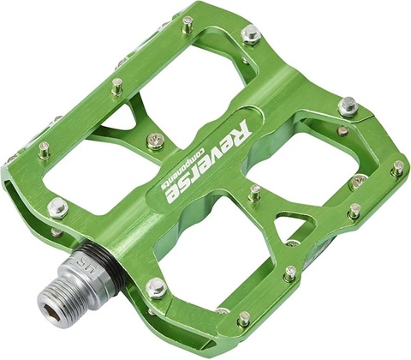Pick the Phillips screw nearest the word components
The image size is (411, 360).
[154, 139]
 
